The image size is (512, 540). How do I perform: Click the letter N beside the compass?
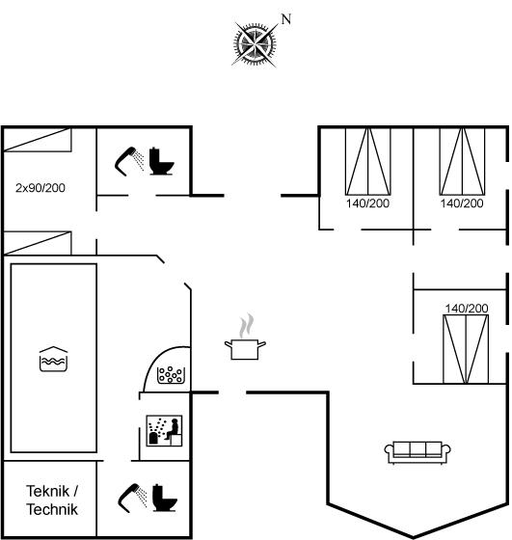pos(286,19)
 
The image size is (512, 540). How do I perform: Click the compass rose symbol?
pos(255,43)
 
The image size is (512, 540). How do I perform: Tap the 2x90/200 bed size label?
pos(40,188)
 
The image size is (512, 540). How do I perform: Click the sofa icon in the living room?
pos(418,452)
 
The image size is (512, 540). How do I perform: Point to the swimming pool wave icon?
pos(53,359)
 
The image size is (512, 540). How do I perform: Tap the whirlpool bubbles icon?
pos(170,375)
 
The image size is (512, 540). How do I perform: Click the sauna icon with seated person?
pos(164,430)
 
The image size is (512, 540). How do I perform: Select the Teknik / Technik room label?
pos(52,500)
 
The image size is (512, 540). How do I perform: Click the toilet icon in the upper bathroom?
pos(161,161)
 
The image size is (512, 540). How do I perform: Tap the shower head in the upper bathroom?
pos(129,161)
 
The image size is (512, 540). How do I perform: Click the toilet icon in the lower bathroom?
pos(165,498)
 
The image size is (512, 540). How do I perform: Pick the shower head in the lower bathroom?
pos(132,498)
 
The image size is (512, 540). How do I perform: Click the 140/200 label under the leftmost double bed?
pos(367,203)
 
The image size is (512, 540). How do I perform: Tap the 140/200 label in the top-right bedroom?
pos(462,203)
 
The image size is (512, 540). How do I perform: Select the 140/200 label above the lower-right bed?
pos(467,309)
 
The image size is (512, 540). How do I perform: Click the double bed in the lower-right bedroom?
pos(466,349)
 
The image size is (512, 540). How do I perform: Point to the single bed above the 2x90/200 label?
pos(38,140)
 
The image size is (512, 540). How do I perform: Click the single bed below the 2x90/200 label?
pos(38,243)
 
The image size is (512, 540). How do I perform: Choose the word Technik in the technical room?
pos(52,509)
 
